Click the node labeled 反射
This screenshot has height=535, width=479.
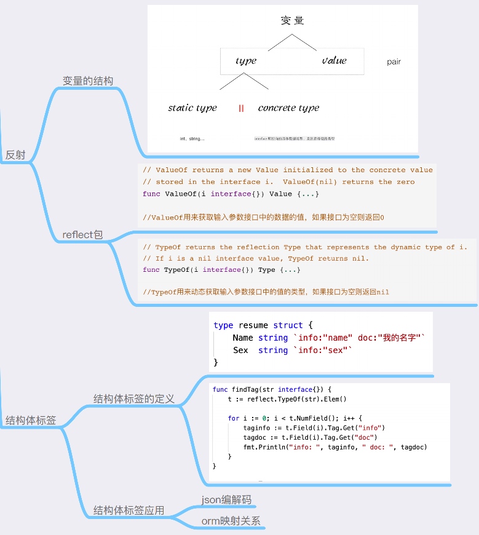click(15, 155)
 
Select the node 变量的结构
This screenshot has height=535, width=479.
click(88, 81)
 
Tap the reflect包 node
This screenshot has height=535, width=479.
click(82, 234)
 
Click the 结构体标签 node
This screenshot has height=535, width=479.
click(31, 421)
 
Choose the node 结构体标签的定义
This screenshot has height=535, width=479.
click(133, 398)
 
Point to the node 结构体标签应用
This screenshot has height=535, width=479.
click(129, 510)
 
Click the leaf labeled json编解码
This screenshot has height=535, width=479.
click(226, 499)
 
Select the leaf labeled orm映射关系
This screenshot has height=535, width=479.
click(231, 521)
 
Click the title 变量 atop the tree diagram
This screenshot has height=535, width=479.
click(292, 20)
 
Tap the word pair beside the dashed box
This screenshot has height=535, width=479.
click(394, 62)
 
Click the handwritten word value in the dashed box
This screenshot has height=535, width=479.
click(334, 60)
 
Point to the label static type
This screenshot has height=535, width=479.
click(192, 108)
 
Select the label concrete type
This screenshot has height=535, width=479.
click(288, 108)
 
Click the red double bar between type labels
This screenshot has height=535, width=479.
click(241, 108)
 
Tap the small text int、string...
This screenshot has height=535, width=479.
click(192, 139)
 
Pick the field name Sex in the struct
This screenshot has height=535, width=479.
click(240, 350)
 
